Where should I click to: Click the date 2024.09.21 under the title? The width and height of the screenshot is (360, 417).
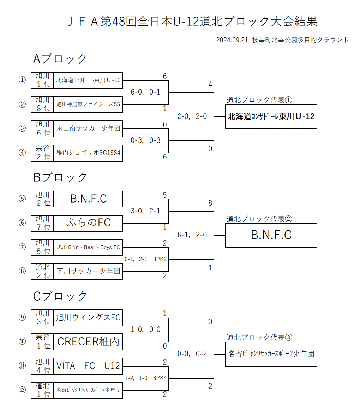(232, 40)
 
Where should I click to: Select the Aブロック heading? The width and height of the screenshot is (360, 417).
(60, 59)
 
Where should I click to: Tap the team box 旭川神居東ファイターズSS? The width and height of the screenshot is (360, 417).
(88, 104)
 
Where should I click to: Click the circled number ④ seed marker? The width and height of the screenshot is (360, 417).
(22, 153)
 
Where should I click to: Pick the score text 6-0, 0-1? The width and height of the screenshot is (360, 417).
(145, 92)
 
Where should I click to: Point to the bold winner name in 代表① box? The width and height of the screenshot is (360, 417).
(271, 116)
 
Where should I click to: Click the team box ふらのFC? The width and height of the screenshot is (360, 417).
(88, 223)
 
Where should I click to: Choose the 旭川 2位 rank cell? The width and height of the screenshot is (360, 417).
(43, 199)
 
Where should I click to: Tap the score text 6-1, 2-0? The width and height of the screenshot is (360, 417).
(192, 235)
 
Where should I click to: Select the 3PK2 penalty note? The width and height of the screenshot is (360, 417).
(160, 259)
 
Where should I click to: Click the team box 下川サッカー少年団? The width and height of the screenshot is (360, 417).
(88, 271)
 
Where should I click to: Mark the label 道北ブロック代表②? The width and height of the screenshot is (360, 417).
(259, 219)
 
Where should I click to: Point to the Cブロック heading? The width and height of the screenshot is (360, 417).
(60, 296)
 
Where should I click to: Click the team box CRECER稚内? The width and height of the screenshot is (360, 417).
(88, 342)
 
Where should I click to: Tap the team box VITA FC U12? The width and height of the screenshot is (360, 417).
(88, 366)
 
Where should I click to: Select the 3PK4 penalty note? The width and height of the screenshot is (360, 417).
(160, 378)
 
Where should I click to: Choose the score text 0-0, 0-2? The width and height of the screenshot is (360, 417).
(192, 354)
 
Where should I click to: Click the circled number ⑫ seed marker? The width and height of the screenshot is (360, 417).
(22, 390)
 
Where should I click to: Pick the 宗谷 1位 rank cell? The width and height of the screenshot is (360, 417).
(43, 342)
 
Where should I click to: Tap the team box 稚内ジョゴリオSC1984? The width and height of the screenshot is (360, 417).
(88, 153)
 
